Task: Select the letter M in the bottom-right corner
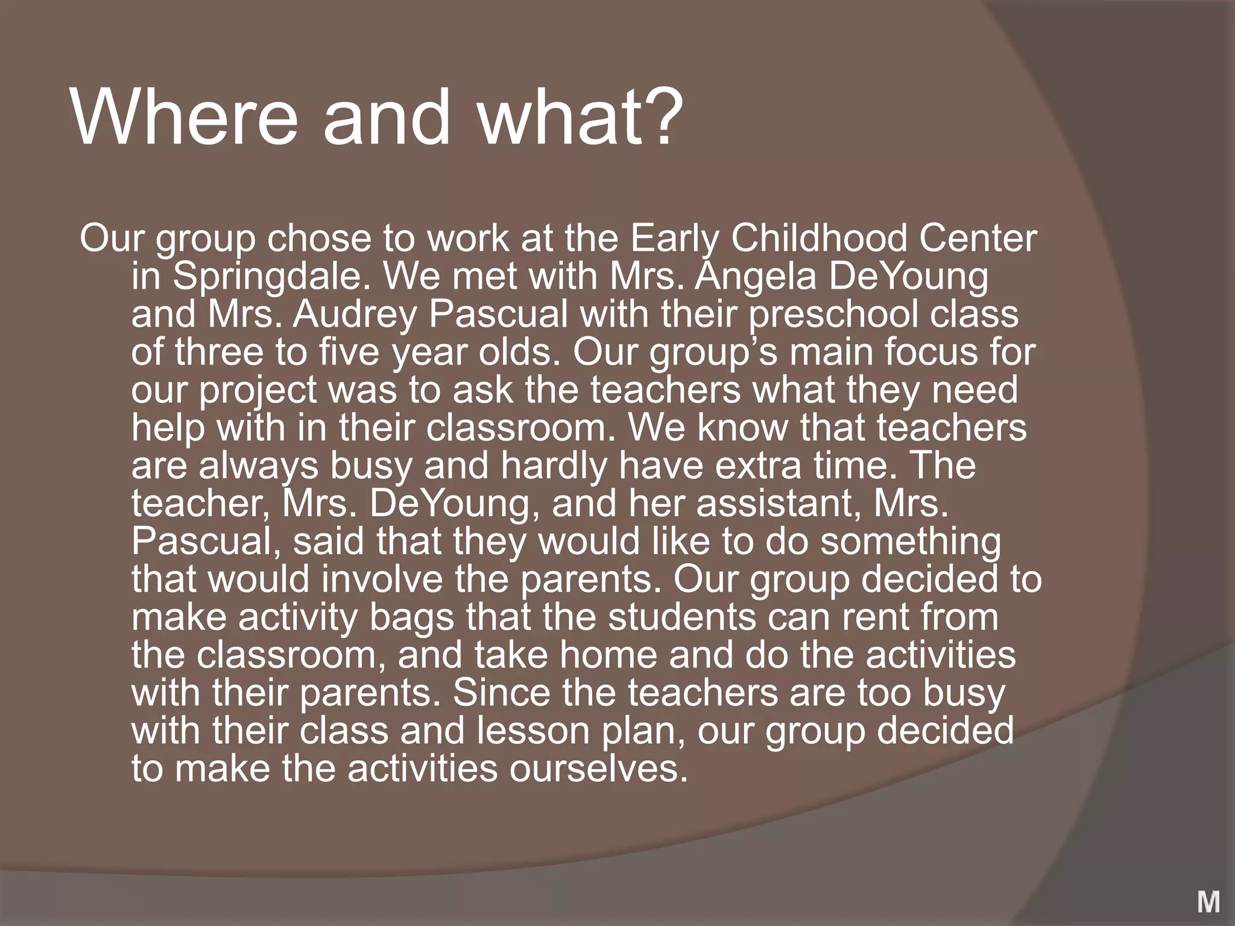1208,902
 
